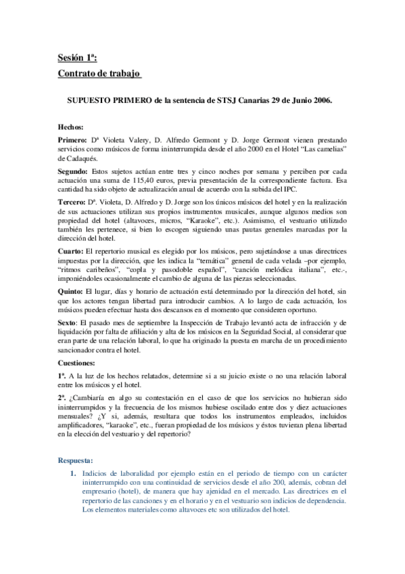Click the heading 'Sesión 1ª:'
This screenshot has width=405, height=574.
coord(77,60)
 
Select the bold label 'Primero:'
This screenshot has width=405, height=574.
coord(73,139)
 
